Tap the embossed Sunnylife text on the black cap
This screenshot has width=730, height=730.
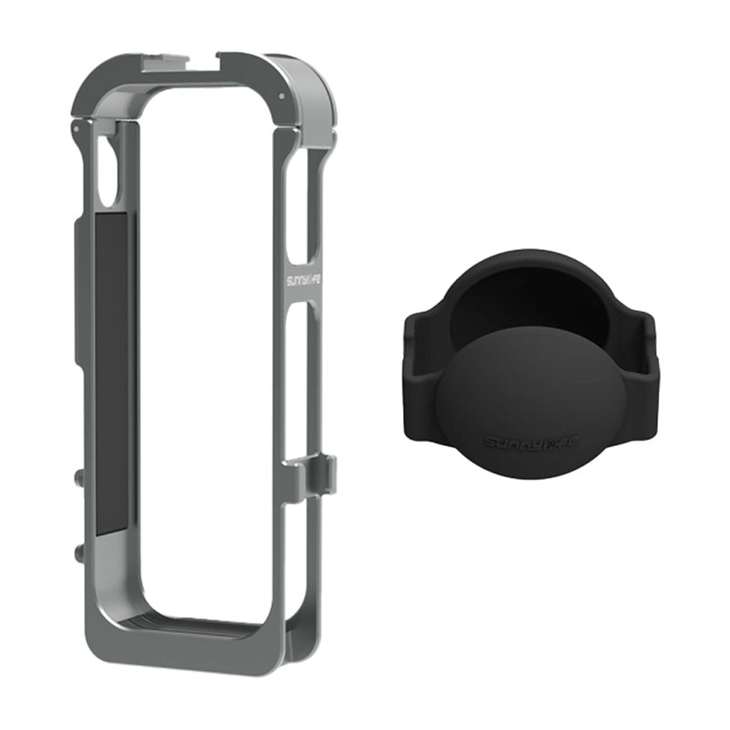(526, 443)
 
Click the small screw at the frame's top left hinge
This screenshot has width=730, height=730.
(76, 130)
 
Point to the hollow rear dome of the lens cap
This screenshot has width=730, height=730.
(529, 301)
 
